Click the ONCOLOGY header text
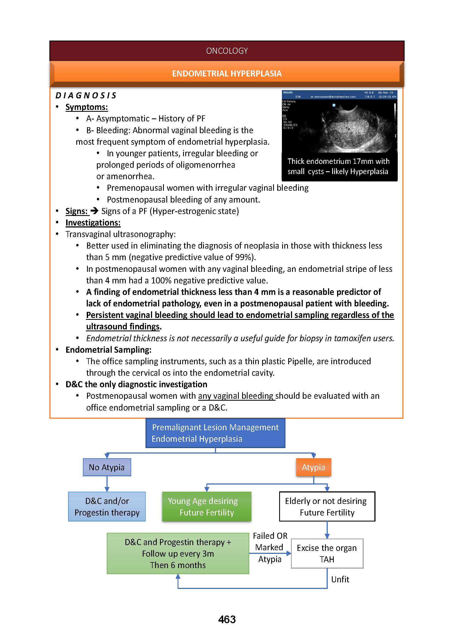(x=227, y=51)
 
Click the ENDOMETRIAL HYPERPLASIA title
(x=227, y=73)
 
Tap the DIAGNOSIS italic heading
(x=86, y=95)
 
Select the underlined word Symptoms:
(x=87, y=107)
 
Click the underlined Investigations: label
(x=93, y=223)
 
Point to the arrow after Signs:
(x=94, y=211)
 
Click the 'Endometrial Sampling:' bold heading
(x=108, y=349)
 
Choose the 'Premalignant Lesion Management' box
(x=215, y=433)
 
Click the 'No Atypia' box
(x=107, y=467)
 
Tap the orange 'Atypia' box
(x=313, y=467)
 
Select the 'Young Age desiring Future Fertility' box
(x=207, y=507)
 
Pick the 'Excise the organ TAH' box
(x=327, y=554)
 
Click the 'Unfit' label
(x=340, y=579)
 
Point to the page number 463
(x=227, y=620)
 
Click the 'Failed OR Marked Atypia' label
(x=270, y=548)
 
